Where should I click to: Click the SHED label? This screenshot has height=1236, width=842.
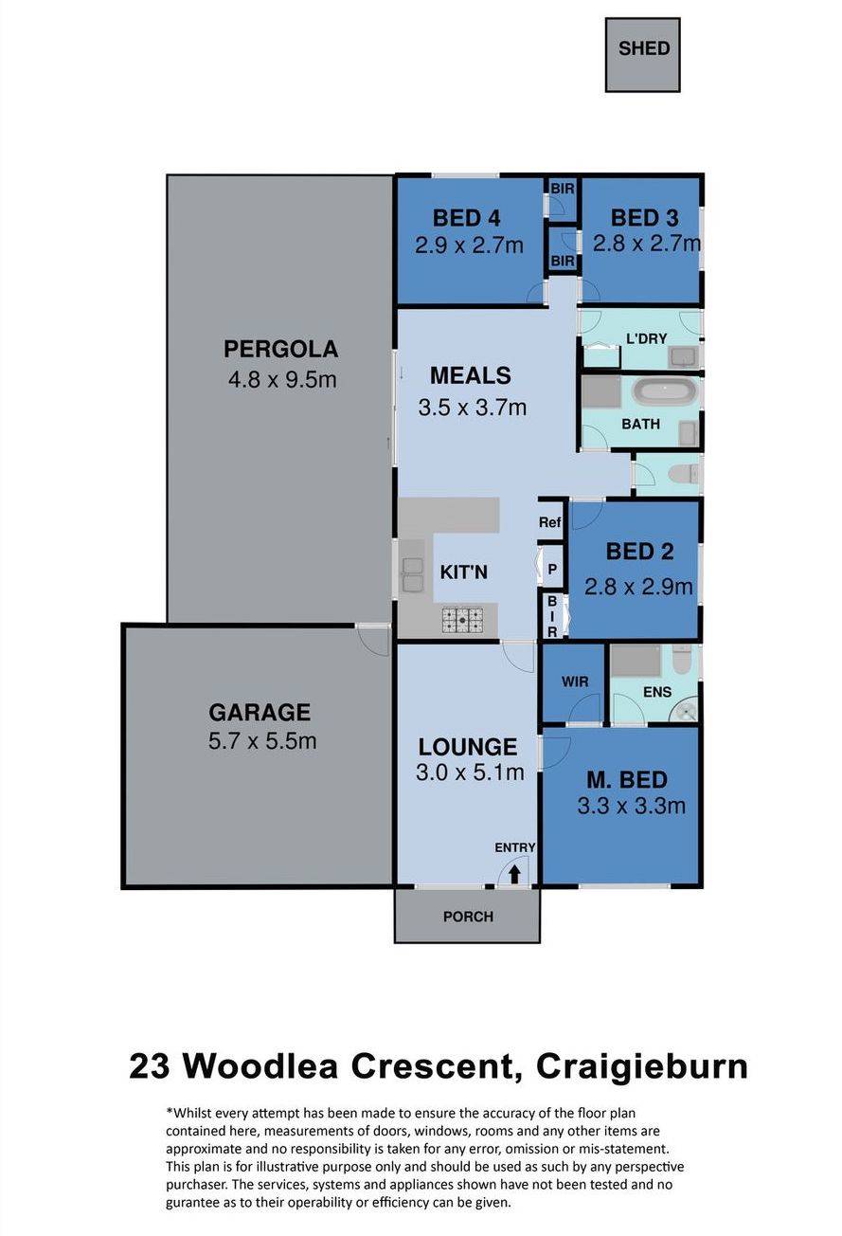pyautogui.click(x=643, y=48)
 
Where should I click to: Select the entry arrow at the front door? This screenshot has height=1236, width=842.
pyautogui.click(x=514, y=874)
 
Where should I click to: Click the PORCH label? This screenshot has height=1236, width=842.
pyautogui.click(x=468, y=917)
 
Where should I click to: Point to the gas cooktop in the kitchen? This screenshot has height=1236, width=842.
pyautogui.click(x=462, y=621)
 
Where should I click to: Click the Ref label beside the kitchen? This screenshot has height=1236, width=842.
pyautogui.click(x=549, y=521)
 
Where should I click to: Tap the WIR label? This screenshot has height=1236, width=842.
pyautogui.click(x=575, y=682)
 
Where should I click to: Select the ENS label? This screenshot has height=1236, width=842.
pyautogui.click(x=657, y=692)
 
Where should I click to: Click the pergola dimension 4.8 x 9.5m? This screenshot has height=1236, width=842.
pyautogui.click(x=281, y=380)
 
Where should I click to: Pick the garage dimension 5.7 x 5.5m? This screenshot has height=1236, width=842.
pyautogui.click(x=262, y=740)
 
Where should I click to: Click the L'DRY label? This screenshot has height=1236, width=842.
pyautogui.click(x=646, y=338)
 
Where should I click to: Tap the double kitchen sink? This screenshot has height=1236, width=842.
pyautogui.click(x=412, y=575)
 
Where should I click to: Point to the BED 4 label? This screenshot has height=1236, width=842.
pyautogui.click(x=466, y=218)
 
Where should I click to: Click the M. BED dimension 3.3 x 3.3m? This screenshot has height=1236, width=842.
pyautogui.click(x=632, y=807)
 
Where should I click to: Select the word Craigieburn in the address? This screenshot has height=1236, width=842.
pyautogui.click(x=642, y=1066)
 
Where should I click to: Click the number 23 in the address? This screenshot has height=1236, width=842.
pyautogui.click(x=150, y=1066)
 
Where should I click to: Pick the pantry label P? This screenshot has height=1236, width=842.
pyautogui.click(x=552, y=569)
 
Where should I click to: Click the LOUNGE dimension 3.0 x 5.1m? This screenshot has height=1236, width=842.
pyautogui.click(x=470, y=772)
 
